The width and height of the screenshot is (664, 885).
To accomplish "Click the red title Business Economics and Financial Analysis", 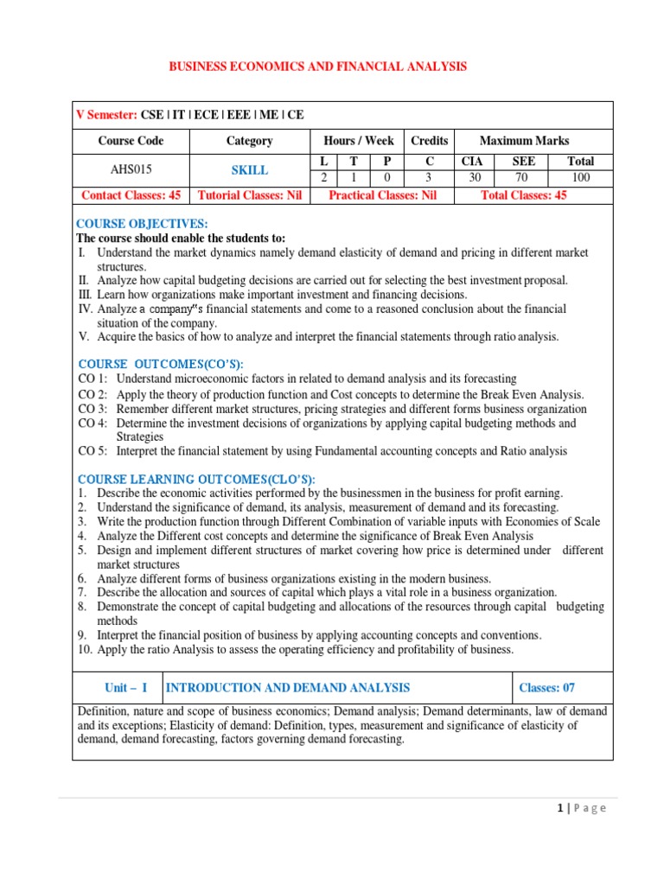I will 316,66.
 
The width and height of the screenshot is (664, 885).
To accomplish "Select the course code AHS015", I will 131,170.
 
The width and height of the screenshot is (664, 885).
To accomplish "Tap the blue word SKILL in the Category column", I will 249,170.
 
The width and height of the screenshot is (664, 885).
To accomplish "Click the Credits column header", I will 429,140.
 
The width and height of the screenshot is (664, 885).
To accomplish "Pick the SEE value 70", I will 524,177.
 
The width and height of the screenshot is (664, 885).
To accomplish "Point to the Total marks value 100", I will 580,177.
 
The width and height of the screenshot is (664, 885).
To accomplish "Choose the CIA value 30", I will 472,177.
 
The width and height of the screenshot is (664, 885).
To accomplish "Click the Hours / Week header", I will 358,140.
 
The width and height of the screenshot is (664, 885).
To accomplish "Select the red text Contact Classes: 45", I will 131,195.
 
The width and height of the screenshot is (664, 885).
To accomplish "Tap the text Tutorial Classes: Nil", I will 249,195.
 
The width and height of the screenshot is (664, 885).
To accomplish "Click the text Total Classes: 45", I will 523,195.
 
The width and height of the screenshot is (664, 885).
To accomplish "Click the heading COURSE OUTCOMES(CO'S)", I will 161,364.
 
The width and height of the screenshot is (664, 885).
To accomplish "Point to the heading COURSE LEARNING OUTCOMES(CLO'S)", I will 197,479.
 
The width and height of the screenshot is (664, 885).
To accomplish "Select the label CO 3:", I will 93,409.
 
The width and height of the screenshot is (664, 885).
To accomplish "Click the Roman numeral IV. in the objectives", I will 85,309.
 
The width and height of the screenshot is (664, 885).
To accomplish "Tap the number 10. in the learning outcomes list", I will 84,648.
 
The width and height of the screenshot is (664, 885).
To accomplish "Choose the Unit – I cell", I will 126,688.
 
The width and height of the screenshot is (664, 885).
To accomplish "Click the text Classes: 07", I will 546,688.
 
